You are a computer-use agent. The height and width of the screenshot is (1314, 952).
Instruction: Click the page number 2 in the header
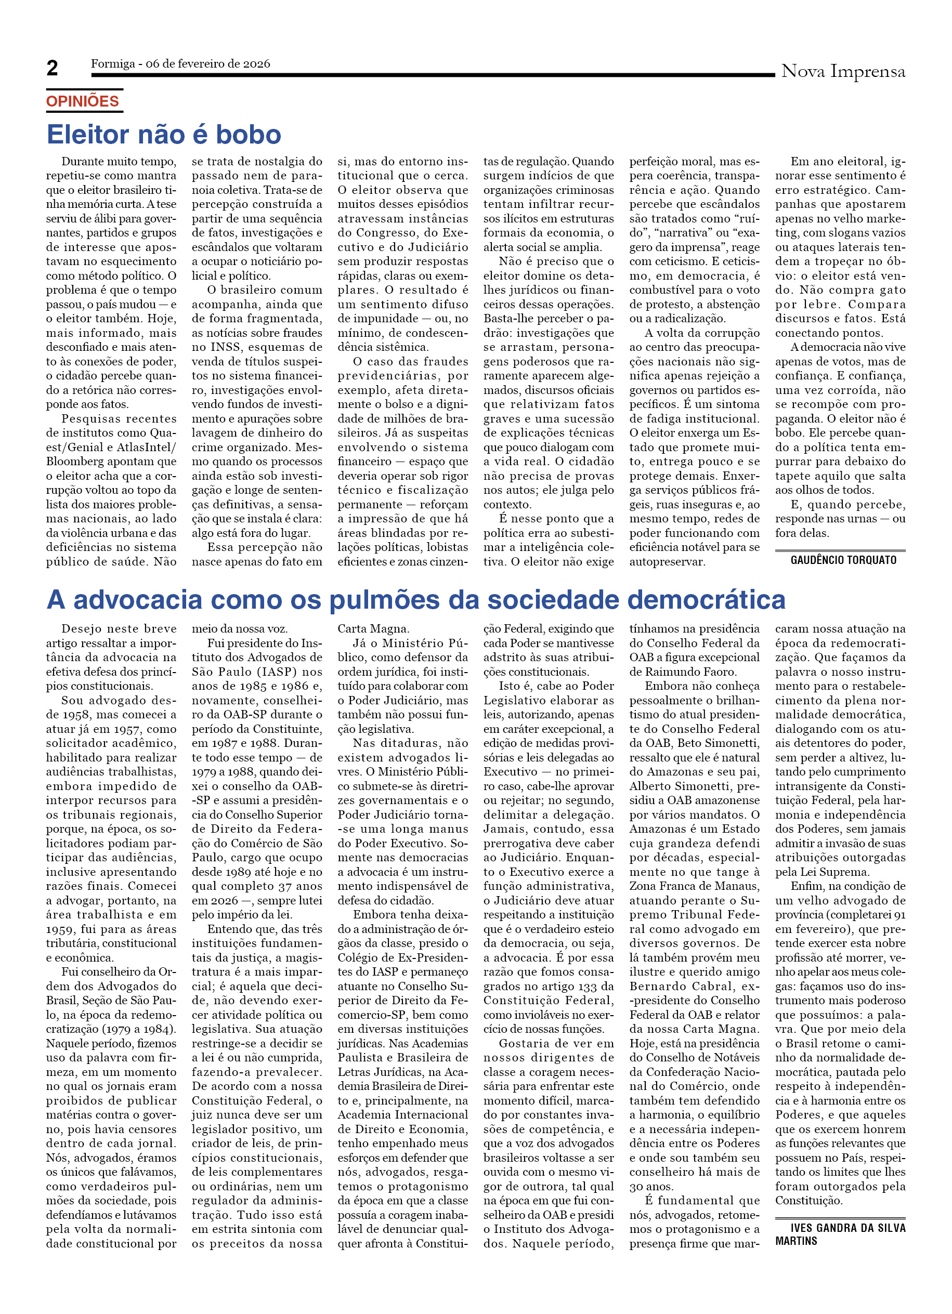click(52, 68)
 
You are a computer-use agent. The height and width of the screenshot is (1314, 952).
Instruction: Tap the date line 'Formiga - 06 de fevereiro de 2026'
click(180, 64)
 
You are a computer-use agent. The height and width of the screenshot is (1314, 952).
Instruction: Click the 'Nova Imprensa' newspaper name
click(842, 71)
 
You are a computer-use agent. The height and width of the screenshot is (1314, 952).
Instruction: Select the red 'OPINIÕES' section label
click(82, 101)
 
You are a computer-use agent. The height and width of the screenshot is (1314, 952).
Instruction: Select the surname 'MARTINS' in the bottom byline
click(796, 1241)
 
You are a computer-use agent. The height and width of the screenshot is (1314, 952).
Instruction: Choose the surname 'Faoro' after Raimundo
click(719, 672)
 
